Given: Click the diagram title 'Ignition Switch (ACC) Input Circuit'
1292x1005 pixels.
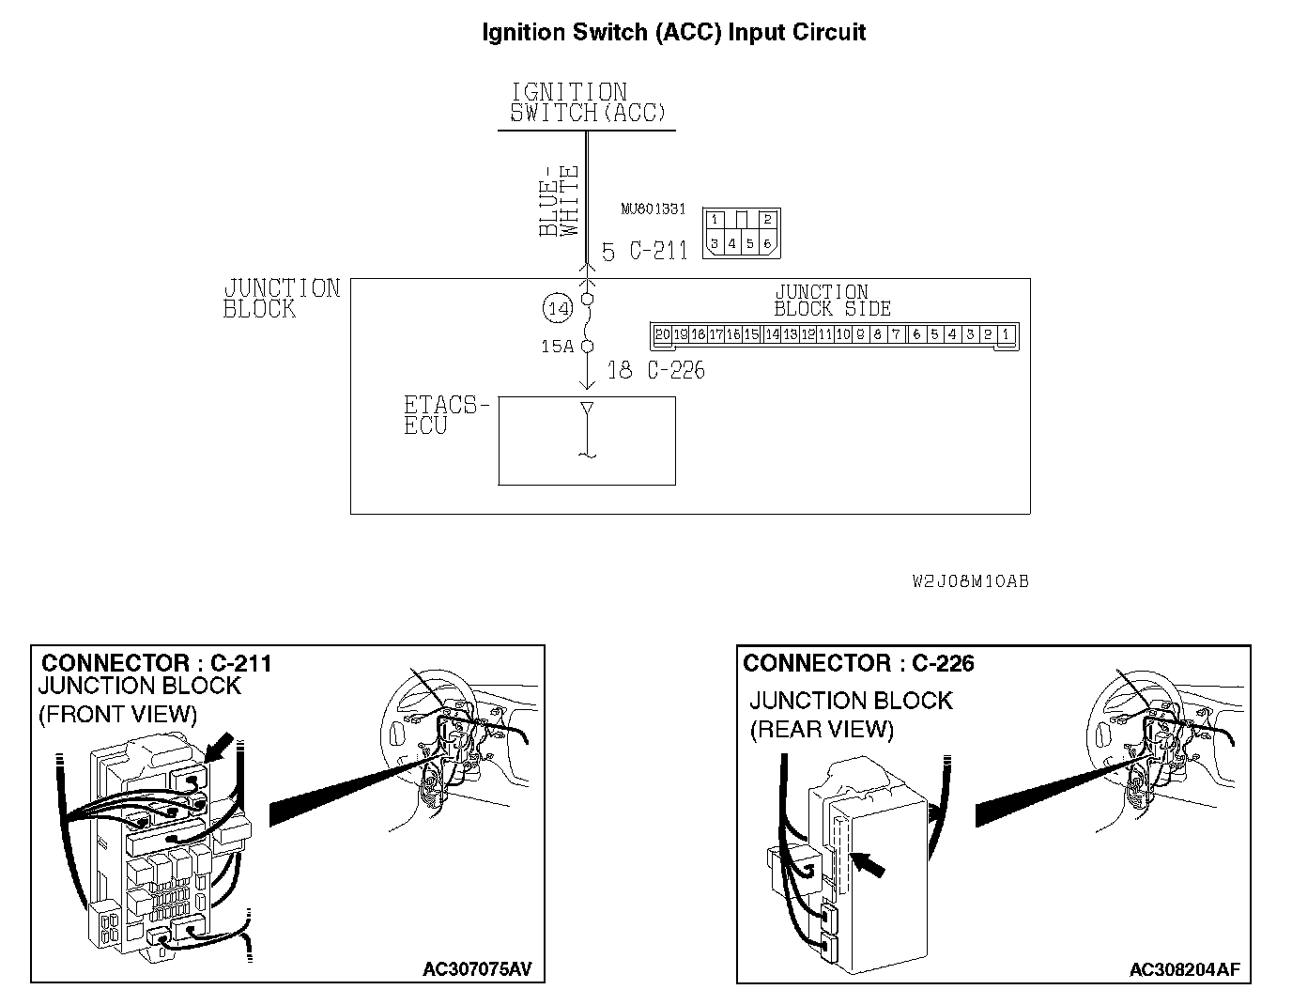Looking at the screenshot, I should (x=673, y=33).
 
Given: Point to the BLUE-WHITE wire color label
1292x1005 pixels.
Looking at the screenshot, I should (x=560, y=202).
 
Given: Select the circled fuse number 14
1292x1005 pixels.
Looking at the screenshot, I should (x=557, y=307).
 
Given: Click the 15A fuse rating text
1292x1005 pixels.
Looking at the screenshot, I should (x=557, y=347).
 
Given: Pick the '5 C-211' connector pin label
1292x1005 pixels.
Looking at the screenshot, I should (x=644, y=252).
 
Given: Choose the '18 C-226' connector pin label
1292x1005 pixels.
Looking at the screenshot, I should (x=655, y=370).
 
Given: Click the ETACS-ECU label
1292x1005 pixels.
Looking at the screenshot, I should (x=445, y=415).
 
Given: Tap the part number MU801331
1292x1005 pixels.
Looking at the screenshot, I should (x=653, y=209).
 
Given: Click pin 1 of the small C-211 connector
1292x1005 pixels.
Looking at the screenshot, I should (x=715, y=220).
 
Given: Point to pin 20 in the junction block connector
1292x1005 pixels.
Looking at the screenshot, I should (x=662, y=334).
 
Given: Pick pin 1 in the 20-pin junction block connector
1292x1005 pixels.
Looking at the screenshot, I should (x=1006, y=334).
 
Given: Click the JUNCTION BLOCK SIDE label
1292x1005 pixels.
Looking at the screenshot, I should (x=832, y=301).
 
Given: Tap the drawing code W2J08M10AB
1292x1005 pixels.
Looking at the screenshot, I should (x=970, y=581).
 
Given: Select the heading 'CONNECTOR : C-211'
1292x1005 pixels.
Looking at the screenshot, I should (x=157, y=663).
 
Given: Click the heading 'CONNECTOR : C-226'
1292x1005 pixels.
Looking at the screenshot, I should (x=858, y=663).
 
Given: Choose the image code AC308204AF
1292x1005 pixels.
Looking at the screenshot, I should (x=1190, y=969).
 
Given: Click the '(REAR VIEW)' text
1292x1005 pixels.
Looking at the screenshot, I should (x=822, y=729).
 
